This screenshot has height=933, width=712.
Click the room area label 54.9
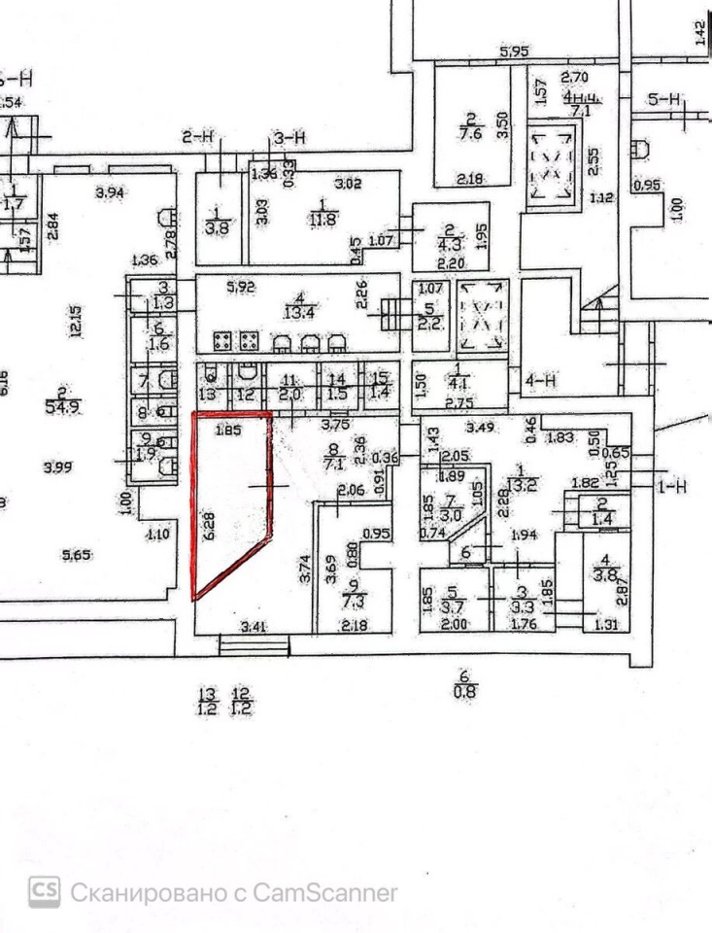[x=61, y=407]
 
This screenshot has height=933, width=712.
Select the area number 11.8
[x=322, y=218]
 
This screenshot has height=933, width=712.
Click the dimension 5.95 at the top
[x=513, y=52]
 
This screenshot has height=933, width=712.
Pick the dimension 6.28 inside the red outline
[x=207, y=526]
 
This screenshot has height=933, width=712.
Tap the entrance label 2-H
[x=197, y=137]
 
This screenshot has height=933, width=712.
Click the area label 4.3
[x=449, y=244]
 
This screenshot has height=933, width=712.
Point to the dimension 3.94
[x=111, y=193]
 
